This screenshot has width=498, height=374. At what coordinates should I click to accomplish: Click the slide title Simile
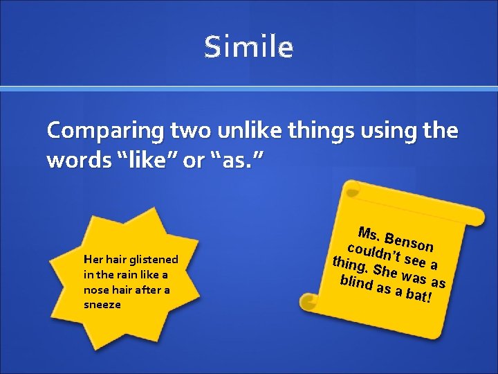(x=249, y=47)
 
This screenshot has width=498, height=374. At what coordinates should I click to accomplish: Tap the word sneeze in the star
(x=102, y=305)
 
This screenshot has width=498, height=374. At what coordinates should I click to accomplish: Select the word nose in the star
(x=96, y=290)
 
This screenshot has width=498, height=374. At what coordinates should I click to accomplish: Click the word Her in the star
(x=93, y=259)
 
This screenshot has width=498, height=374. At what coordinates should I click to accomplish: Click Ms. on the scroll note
(x=370, y=233)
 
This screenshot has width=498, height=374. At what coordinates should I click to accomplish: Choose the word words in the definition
(x=74, y=160)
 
